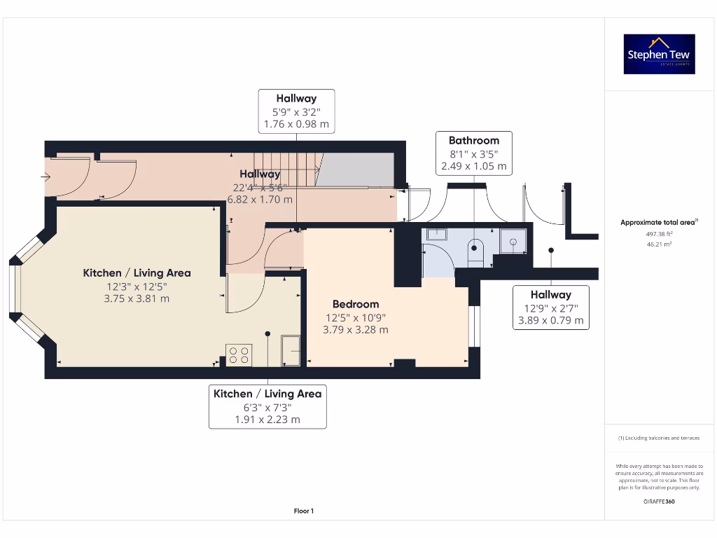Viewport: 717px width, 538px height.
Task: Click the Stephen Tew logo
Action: click(x=659, y=54)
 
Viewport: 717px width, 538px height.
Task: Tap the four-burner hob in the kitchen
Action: click(x=238, y=354)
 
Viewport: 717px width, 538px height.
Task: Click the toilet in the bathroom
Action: click(x=475, y=251)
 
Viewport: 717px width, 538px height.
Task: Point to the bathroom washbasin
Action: click(x=437, y=234)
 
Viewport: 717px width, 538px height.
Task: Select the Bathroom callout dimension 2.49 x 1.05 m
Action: click(x=473, y=167)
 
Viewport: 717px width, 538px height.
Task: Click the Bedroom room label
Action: click(x=356, y=304)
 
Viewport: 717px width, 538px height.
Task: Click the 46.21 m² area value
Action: click(x=658, y=244)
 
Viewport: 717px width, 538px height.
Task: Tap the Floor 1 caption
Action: click(x=303, y=511)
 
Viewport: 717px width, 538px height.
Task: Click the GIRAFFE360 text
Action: click(x=658, y=502)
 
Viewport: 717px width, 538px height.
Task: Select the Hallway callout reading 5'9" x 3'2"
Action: click(x=296, y=111)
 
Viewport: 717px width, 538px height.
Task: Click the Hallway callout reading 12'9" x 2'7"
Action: click(x=550, y=308)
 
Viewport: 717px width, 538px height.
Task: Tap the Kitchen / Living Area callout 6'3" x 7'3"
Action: click(x=267, y=406)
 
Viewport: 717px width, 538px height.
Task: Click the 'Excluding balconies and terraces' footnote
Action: click(x=658, y=438)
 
